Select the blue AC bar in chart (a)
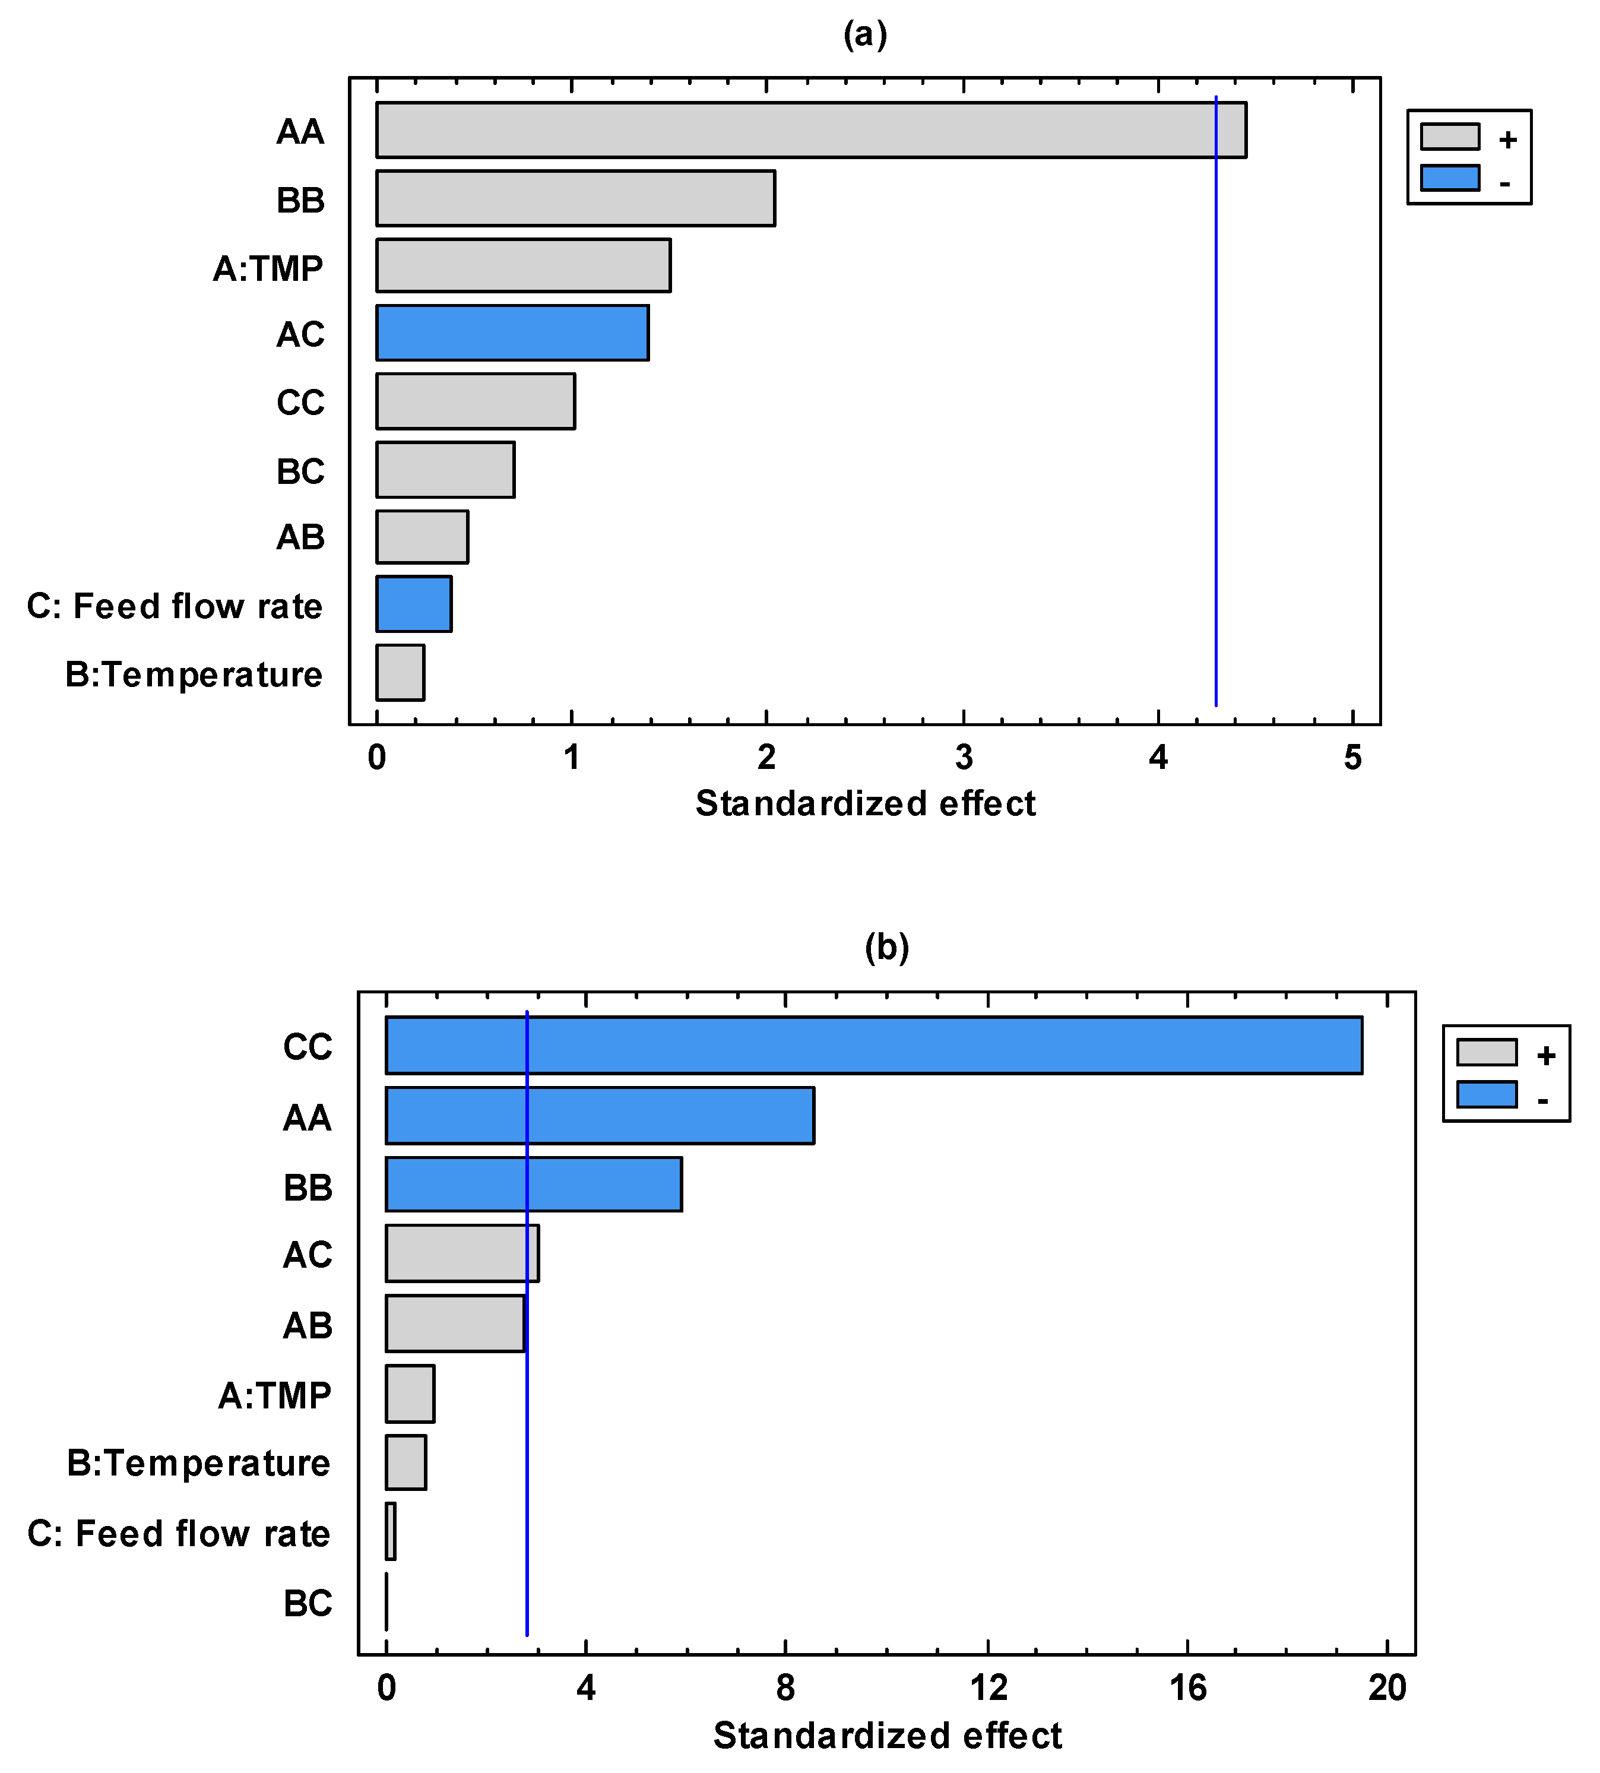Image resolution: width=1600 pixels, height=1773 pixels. click(512, 333)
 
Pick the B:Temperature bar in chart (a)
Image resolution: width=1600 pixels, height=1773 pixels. click(400, 673)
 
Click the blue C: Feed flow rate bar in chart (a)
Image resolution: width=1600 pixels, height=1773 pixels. click(413, 604)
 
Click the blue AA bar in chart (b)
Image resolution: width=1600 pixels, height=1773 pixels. click(600, 1116)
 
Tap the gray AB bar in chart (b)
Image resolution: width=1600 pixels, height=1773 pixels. click(455, 1323)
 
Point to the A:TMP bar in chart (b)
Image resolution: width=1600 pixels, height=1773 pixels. click(410, 1393)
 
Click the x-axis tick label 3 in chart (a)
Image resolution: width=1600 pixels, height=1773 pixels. click(964, 758)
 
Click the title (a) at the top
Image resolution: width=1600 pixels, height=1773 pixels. click(865, 35)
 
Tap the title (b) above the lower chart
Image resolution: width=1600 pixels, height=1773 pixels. click(886, 948)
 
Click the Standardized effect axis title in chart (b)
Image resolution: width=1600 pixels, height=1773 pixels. click(886, 1736)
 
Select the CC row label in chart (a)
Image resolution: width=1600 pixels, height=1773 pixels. click(300, 403)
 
